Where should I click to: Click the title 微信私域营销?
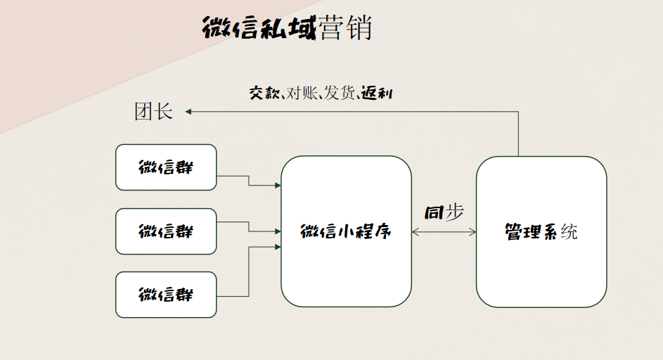point(286,29)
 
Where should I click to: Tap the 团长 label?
point(153,111)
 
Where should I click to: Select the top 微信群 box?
point(166,167)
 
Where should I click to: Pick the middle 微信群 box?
point(166,231)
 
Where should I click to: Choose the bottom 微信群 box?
point(166,295)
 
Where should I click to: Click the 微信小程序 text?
point(346,231)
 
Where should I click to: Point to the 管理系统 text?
point(541,231)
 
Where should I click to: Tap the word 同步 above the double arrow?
point(444,212)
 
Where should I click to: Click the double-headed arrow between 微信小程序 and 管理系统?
point(444,231)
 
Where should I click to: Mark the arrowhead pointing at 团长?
point(188,111)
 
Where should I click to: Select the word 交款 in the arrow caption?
point(265,93)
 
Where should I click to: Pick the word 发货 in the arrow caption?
point(340,93)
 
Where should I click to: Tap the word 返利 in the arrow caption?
point(377,93)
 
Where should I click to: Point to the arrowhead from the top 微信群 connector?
point(278,186)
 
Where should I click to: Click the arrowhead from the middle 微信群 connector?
point(278,231)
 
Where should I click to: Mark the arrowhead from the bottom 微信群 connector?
point(278,247)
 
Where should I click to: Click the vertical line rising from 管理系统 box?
point(519,134)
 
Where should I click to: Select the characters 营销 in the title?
point(345,29)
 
